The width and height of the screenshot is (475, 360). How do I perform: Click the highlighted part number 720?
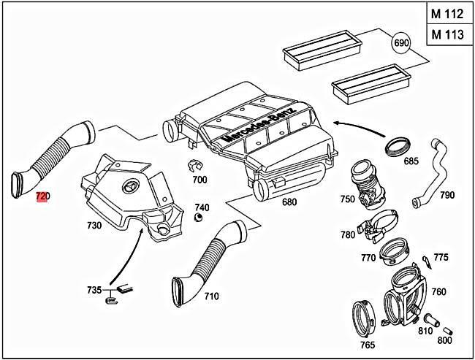pos(42,196)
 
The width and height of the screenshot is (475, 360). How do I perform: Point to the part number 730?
pos(94,226)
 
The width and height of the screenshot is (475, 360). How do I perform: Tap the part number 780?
pos(348,234)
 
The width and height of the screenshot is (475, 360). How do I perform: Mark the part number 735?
pos(94,290)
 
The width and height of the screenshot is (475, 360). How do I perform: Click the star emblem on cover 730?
pos(132,185)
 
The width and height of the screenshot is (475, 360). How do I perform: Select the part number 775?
pos(441,256)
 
